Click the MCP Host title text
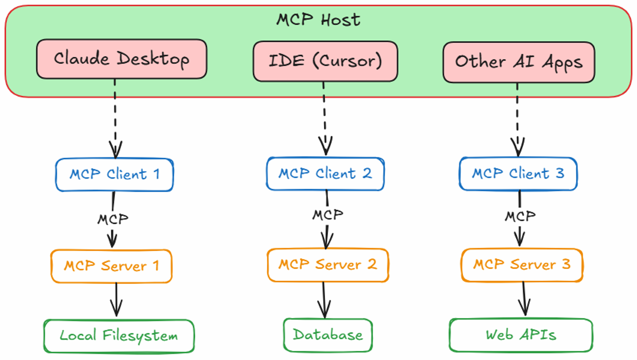(x=318, y=20)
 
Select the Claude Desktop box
(x=121, y=59)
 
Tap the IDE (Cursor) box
(x=325, y=61)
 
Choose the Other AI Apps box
(x=519, y=62)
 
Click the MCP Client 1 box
(x=114, y=175)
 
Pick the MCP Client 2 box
(x=325, y=174)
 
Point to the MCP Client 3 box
(x=518, y=174)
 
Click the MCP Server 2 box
(x=328, y=265)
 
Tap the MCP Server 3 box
(x=522, y=265)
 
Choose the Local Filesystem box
(x=119, y=336)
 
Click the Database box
(x=328, y=335)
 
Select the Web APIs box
(x=521, y=335)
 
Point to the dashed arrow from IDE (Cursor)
(x=325, y=119)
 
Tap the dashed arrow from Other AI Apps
(x=518, y=120)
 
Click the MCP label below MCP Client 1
(x=113, y=219)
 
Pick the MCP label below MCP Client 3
(x=520, y=216)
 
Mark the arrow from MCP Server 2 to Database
(x=324, y=300)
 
